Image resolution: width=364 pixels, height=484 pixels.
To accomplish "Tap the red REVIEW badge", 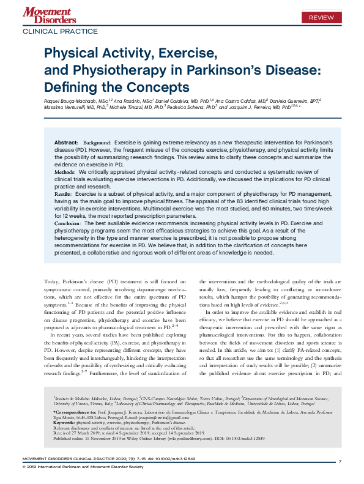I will pos(321,17).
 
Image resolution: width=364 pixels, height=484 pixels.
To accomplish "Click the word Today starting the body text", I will pos(53,281).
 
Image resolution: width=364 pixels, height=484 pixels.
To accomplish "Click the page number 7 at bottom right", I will pos(340,461).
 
